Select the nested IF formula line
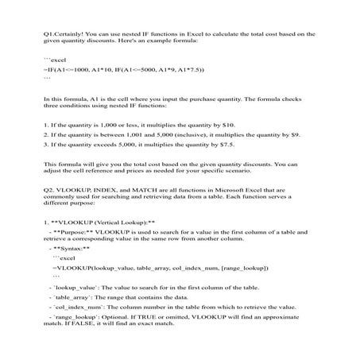click(95, 71)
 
